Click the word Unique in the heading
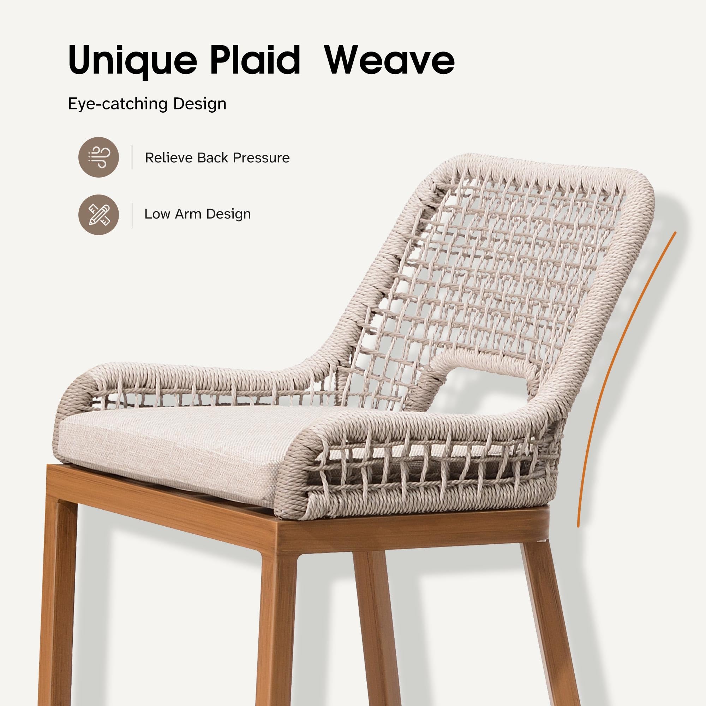pos(132,60)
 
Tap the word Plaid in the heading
pos(255,59)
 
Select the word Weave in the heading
pos(390,60)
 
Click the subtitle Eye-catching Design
pos(147,104)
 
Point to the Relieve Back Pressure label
pos(217,158)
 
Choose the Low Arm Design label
pos(197,214)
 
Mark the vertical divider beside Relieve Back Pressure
pos(132,157)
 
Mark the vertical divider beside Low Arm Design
pos(132,215)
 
